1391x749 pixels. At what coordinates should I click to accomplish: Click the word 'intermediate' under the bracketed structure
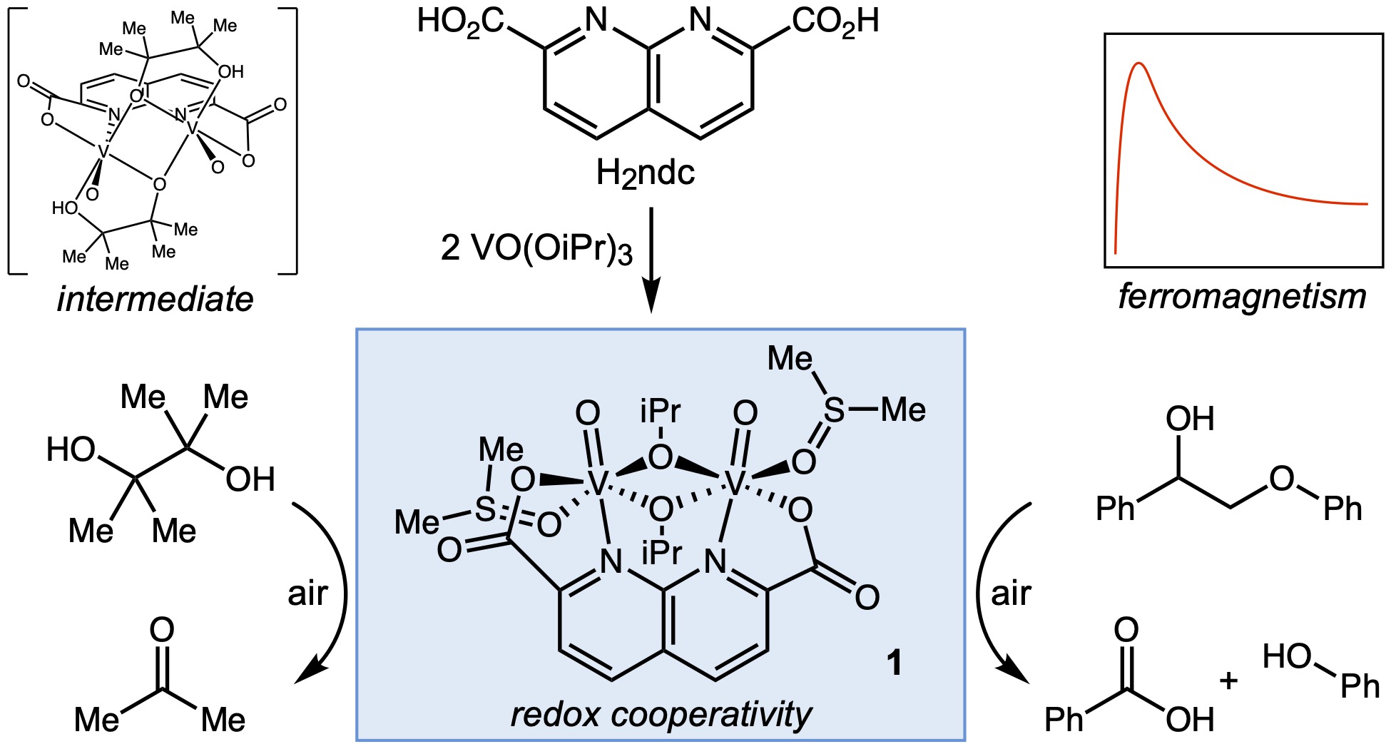(x=155, y=300)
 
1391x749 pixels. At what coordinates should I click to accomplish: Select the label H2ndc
(x=645, y=173)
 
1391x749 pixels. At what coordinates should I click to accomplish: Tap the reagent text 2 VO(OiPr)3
(x=536, y=248)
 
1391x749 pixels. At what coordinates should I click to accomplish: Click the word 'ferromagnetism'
(x=1242, y=297)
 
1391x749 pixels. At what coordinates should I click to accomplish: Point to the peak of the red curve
(x=1139, y=63)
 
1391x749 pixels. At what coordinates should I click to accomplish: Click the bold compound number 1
(x=893, y=663)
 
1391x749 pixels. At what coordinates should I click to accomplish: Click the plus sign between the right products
(x=1228, y=681)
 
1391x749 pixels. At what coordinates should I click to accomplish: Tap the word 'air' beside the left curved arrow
(x=307, y=593)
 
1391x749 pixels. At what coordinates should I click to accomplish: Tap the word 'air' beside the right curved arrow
(x=1011, y=593)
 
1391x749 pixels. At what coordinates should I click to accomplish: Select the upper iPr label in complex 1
(x=661, y=412)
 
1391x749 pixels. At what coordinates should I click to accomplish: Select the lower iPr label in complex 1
(x=661, y=552)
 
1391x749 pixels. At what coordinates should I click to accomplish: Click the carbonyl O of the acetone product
(x=162, y=630)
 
